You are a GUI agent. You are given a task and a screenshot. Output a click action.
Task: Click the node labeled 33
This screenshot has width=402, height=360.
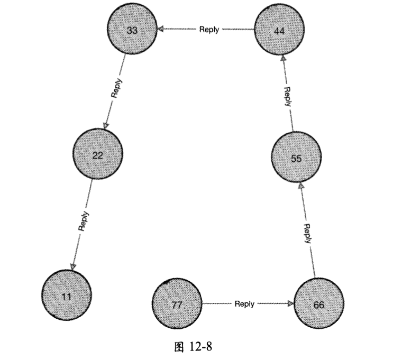(x=132, y=31)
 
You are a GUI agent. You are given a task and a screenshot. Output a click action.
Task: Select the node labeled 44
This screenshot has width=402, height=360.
(x=280, y=31)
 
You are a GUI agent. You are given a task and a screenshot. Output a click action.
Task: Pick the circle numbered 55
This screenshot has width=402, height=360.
(x=296, y=158)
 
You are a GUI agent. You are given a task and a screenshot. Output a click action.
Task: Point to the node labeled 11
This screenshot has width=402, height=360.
(x=67, y=296)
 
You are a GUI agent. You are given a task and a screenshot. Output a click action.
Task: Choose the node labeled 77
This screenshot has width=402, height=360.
(x=177, y=304)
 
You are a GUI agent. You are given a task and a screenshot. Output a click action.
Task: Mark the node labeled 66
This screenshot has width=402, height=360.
(x=318, y=304)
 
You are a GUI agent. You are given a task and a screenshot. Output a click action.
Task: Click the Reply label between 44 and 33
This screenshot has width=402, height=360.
(x=209, y=30)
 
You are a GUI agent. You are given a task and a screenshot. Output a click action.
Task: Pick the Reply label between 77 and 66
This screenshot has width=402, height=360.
(x=244, y=304)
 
